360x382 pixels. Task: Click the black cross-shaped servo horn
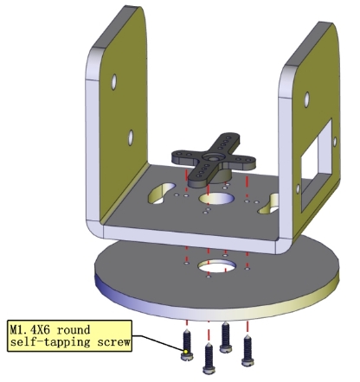coord(213,160)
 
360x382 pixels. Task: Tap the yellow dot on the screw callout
coord(186,352)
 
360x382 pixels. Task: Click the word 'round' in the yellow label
coord(74,330)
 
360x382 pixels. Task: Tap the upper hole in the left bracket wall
coord(114,82)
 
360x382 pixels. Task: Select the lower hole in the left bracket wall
coord(131,137)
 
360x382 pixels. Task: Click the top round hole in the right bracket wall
coord(306,99)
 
